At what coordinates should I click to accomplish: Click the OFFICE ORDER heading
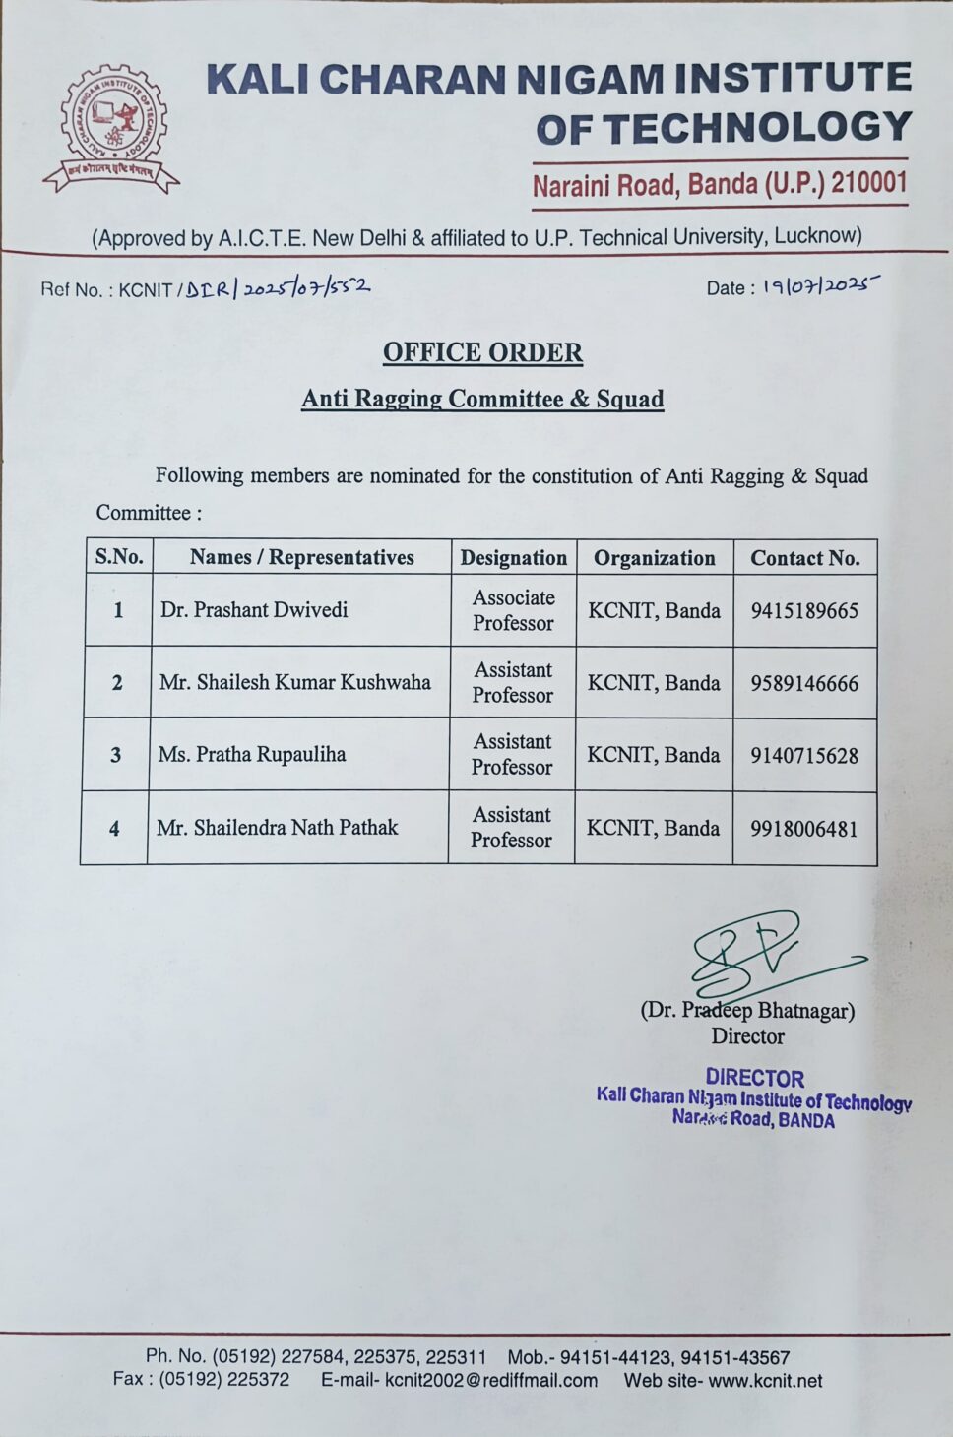tap(482, 352)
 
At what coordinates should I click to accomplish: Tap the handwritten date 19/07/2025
tap(819, 285)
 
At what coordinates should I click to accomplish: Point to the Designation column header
tap(513, 557)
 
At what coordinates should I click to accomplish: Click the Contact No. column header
tap(804, 558)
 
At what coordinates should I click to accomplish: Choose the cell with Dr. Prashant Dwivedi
tap(254, 610)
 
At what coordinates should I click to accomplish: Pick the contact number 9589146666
tap(804, 683)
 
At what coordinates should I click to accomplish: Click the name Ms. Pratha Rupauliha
tap(252, 755)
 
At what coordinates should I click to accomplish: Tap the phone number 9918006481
tap(803, 829)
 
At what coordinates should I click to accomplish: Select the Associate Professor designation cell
tap(513, 610)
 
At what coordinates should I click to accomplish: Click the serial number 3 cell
tap(115, 755)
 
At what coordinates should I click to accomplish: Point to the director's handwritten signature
tap(758, 953)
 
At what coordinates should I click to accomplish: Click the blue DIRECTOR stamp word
tap(754, 1078)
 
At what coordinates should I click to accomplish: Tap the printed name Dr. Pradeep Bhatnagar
tap(747, 1010)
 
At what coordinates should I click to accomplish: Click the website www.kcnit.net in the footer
tap(765, 1380)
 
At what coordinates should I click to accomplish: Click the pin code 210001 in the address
tap(868, 182)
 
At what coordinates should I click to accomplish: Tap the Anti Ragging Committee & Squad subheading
tap(482, 399)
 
